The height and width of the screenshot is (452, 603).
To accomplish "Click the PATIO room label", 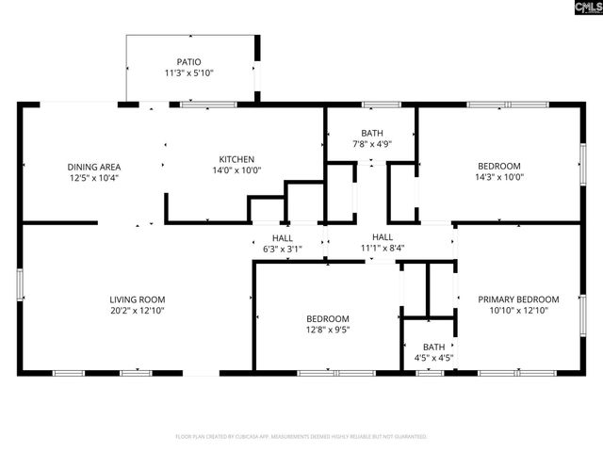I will pyautogui.click(x=189, y=62).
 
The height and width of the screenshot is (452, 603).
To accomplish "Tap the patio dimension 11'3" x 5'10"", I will pyautogui.click(x=189, y=73).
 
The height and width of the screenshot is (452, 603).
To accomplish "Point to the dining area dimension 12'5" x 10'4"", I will pyautogui.click(x=93, y=178).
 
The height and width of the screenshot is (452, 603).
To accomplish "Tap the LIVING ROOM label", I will pyautogui.click(x=138, y=299).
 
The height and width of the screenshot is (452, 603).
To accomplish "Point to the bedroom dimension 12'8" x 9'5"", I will pyautogui.click(x=327, y=330).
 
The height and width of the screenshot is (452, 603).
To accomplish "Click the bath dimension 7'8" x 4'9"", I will pyautogui.click(x=371, y=144).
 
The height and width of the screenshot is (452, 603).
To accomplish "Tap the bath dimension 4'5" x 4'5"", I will pyautogui.click(x=433, y=358).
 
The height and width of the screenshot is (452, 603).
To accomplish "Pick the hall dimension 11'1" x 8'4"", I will pyautogui.click(x=382, y=250).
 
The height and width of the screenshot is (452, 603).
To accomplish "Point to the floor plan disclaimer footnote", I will pyautogui.click(x=301, y=437).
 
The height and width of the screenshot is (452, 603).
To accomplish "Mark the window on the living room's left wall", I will pyautogui.click(x=20, y=283).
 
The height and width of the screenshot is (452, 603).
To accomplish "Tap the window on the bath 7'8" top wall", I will pyautogui.click(x=374, y=105).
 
